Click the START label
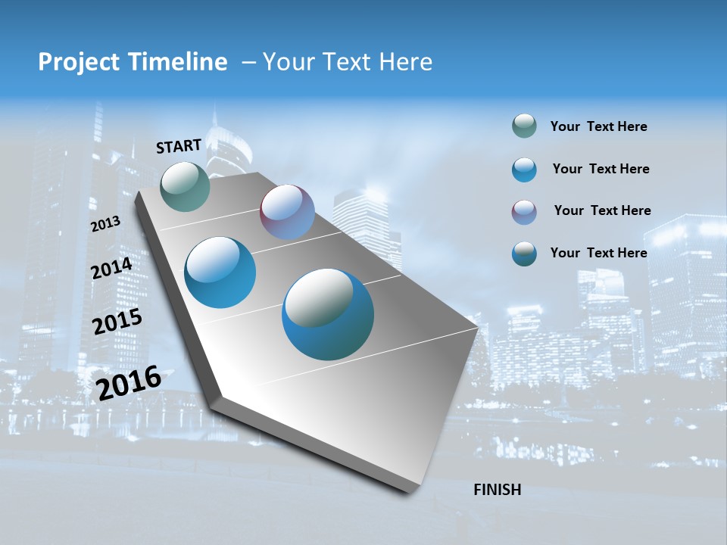179,146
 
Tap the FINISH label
497,490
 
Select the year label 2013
105,224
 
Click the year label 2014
111,268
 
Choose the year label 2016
129,382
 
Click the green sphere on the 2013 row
185,186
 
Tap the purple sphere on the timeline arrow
287,212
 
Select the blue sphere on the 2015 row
220,272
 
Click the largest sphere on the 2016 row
328,314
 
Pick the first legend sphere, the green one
524,126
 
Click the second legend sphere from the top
524,170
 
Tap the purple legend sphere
524,212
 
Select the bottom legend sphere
524,254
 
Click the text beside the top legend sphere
598,127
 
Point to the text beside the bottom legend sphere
598,253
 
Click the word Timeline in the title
180,62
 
